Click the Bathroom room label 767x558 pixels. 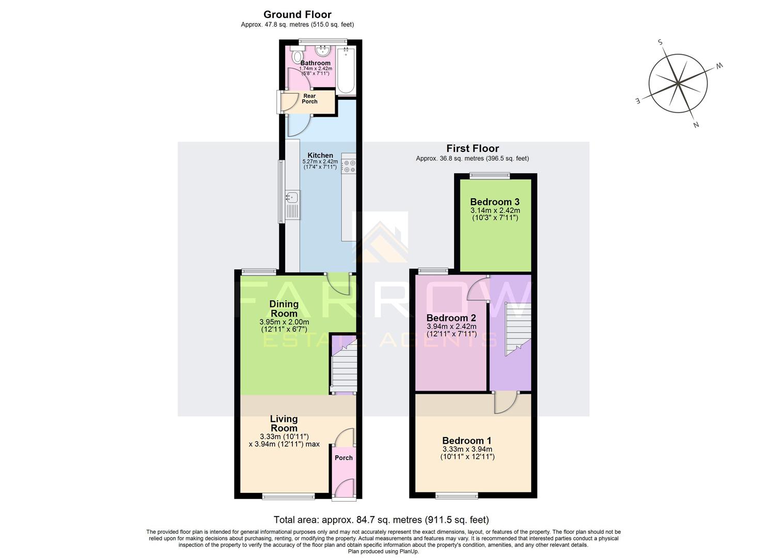coord(315,63)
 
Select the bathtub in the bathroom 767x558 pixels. coord(346,70)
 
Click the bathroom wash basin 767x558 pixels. coord(323,51)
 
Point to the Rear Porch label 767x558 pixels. coord(309,99)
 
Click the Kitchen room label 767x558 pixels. coord(320,156)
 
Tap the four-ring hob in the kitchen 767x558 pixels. coord(349,166)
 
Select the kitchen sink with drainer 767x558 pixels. coord(293,205)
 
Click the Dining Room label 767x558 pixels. coord(284,308)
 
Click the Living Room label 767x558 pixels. coord(284,423)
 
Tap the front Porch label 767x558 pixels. coord(343,458)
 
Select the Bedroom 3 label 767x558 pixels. coord(495,202)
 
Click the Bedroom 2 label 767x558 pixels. coord(451,318)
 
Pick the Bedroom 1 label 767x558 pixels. coord(467,441)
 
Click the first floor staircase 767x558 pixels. coord(518,328)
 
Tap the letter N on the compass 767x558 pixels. coord(696,125)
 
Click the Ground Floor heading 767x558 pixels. coord(298,14)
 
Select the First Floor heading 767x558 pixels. coord(473,148)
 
